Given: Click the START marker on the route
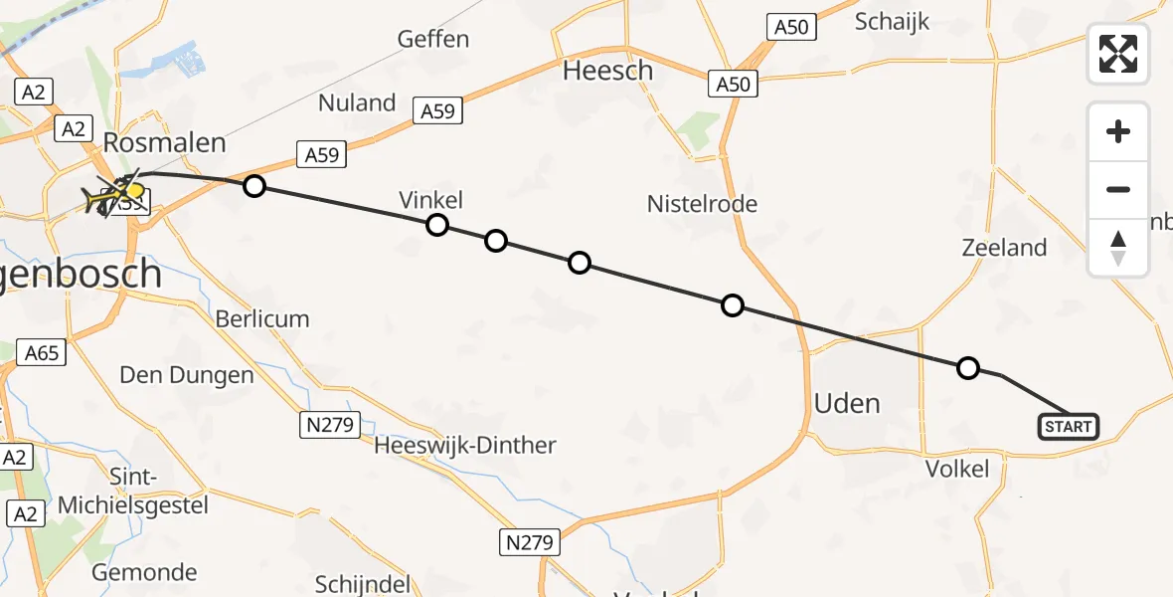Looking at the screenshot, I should coord(1069,427).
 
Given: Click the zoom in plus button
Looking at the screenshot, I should coord(1118,131).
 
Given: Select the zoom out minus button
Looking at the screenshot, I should coord(1118,189).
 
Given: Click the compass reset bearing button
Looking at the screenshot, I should coord(1118,247).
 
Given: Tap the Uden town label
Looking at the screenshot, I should coord(847,403).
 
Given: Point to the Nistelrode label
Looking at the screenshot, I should coord(702,204).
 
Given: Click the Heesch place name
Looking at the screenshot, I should coord(608,71).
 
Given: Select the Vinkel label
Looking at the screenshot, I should coord(431,199).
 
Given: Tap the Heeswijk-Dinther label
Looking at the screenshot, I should coord(465,445).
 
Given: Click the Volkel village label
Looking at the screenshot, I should coord(957,469).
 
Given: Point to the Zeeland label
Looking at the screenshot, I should coord(1004,248).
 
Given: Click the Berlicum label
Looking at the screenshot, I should coord(262,319).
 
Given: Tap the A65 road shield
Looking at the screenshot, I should coord(41,352).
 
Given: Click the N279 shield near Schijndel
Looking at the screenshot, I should coord(529,542).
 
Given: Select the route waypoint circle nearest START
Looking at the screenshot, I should coord(967,368).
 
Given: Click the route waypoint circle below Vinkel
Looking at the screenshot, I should coord(436,225).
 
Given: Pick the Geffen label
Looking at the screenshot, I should coord(432,39).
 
